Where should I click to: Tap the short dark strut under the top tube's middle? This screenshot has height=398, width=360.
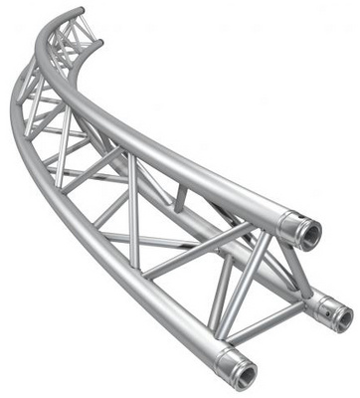181,199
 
